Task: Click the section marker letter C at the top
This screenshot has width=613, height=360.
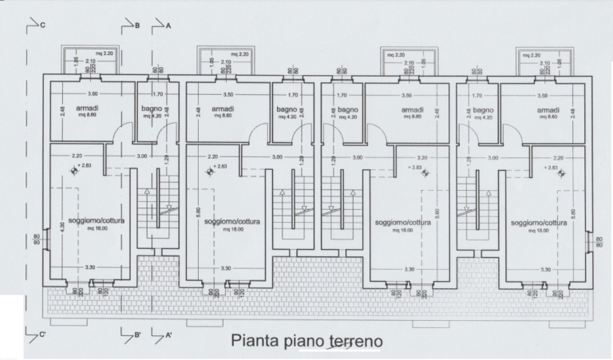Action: (42, 26)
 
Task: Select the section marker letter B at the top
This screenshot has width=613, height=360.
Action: (137, 26)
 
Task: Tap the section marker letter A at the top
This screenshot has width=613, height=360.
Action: (169, 26)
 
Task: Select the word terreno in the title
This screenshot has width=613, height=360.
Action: (354, 341)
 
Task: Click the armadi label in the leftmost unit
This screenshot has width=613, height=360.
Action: (88, 109)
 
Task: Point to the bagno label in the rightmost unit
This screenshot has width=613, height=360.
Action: (484, 109)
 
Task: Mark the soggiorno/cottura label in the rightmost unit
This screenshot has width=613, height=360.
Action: (539, 223)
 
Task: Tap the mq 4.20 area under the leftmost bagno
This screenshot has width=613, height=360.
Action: (152, 117)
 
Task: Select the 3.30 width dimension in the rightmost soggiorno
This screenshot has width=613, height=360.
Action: (545, 269)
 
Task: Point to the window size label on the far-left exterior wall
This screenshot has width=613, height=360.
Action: (36, 239)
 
